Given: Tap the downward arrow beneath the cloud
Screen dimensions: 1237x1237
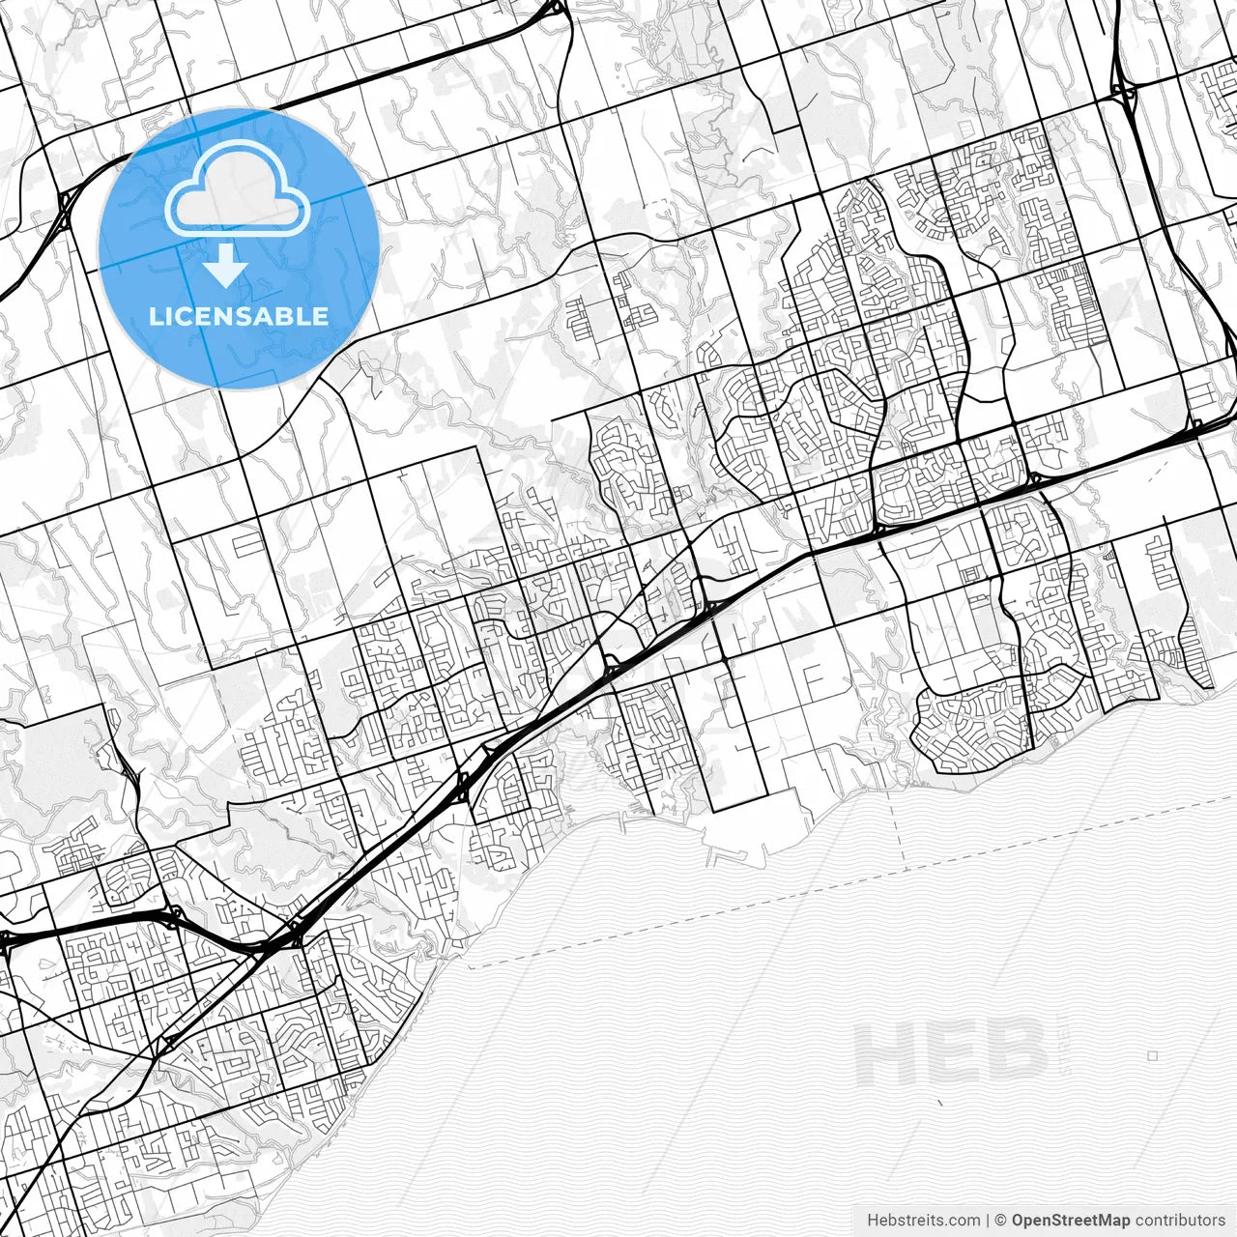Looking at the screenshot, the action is (x=226, y=266).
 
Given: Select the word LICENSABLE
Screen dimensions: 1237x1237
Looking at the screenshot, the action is (x=239, y=316).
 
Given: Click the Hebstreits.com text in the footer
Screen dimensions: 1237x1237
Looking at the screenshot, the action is (x=923, y=1221).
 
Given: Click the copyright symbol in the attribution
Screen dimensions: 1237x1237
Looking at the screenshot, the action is (x=1001, y=1221).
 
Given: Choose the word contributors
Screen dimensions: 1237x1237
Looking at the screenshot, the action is (x=1180, y=1221).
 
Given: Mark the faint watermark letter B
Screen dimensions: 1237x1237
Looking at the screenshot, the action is (x=1015, y=1054).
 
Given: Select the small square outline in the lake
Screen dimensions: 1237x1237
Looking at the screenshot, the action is (x=1152, y=1056).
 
